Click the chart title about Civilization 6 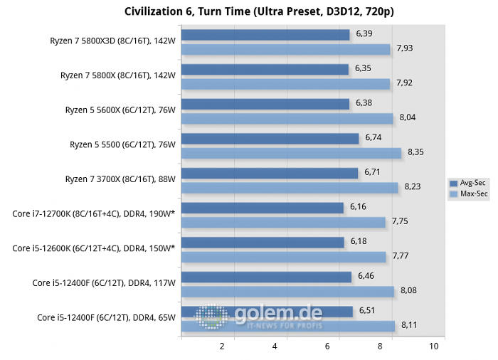click(248, 11)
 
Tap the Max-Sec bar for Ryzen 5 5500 click(292, 152)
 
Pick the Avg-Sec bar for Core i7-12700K click(263, 207)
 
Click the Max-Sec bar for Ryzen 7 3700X click(290, 187)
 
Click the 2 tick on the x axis click(222, 346)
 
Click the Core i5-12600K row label click(93, 248)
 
